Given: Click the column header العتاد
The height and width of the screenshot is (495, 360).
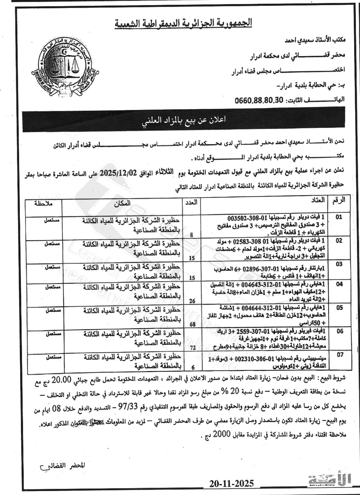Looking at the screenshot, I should [x=318, y=200].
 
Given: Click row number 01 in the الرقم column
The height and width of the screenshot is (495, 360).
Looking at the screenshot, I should [x=339, y=217].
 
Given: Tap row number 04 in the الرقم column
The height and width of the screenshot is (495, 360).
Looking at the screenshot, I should [x=339, y=284].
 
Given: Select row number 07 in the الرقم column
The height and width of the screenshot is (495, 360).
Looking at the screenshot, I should [x=339, y=355].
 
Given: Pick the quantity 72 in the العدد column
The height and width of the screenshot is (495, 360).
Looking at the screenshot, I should [x=192, y=347].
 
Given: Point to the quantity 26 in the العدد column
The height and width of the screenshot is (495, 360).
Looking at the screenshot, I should [x=192, y=301].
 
